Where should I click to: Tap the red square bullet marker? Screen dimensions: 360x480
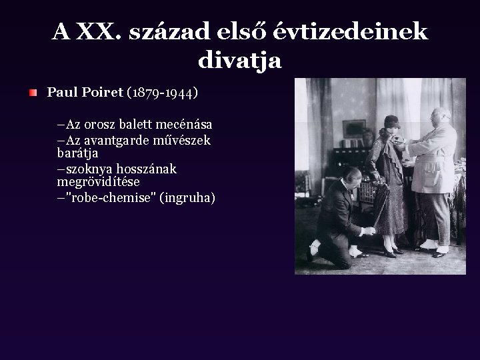pyautogui.click(x=33, y=93)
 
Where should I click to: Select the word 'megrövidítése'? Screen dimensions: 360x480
pyautogui.click(x=99, y=181)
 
